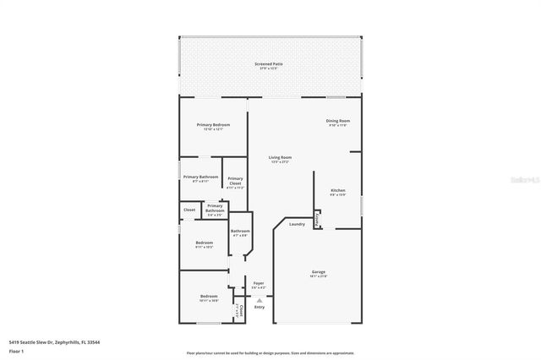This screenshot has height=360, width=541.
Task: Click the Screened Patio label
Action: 270,64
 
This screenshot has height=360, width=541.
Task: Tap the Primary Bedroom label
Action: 213,125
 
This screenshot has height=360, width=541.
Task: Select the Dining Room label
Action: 338,121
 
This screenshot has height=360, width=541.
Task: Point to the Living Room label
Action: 280,157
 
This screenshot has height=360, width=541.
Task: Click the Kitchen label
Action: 337,191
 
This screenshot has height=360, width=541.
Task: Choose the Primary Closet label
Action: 235,179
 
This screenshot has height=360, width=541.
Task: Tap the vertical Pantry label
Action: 317,218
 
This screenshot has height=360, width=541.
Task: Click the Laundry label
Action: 297,224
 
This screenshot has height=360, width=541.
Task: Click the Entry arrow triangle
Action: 260,300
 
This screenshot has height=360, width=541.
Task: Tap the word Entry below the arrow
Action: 260,307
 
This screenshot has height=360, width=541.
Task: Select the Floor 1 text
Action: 16,350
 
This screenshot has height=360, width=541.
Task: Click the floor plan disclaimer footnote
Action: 270,353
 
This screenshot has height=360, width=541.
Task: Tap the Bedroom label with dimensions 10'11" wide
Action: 209,297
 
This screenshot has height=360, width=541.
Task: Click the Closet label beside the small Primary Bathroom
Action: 189,210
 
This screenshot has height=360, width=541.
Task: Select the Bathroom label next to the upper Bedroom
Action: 240,232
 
